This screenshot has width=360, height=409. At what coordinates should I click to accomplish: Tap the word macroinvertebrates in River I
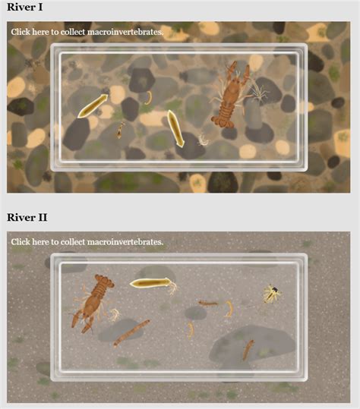pyautogui.click(x=123, y=32)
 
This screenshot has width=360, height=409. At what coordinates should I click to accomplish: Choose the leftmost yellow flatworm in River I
pyautogui.click(x=92, y=106)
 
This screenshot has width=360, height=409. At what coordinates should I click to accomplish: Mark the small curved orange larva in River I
pyautogui.click(x=150, y=97)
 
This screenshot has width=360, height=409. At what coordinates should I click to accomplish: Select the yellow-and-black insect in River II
pyautogui.click(x=270, y=294)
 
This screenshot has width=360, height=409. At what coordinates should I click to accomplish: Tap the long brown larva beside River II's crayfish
pyautogui.click(x=131, y=331)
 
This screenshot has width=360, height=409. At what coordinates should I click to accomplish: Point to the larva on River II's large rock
pyautogui.click(x=248, y=348)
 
